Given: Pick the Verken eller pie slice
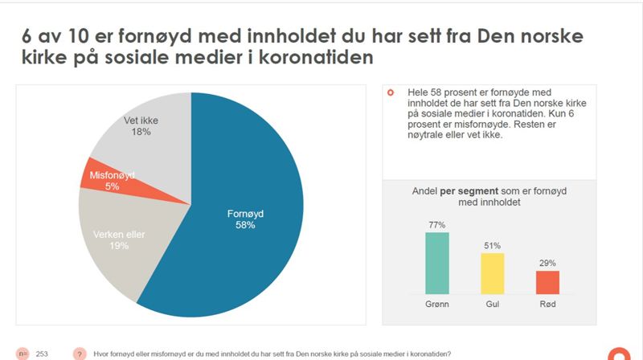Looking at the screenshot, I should [121, 241].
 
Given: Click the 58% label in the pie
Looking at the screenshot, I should [244, 226].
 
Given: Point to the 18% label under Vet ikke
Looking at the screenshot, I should [140, 133].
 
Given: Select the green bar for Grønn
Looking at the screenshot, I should [436, 263].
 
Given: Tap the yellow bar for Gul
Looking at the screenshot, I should [492, 273].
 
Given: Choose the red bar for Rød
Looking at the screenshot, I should [547, 282].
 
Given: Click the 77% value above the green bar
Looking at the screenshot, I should [436, 225].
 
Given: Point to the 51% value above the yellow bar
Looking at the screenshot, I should [492, 246].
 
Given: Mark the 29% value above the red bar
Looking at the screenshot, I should [547, 264].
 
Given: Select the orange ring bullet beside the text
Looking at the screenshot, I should [390, 93].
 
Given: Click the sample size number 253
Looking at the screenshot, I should [42, 354].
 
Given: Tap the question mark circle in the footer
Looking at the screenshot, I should [80, 354].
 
